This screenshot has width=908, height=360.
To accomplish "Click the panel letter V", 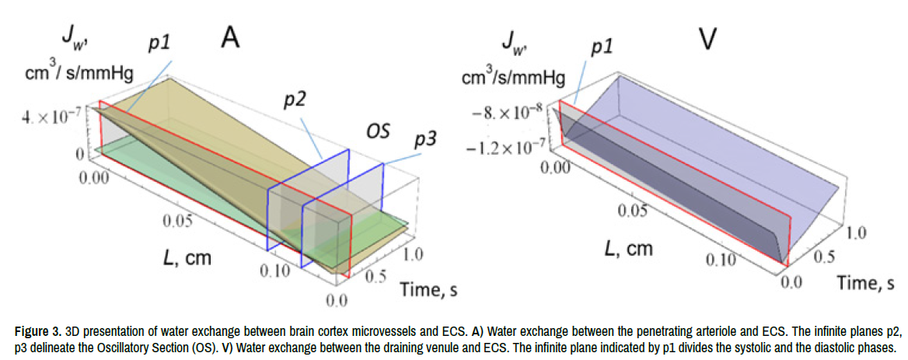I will pos(707,38).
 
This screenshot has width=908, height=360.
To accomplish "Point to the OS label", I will pos(379,129).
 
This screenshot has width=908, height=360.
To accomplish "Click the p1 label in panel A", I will pos(160,43).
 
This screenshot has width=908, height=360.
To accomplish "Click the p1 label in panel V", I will pos(602,47).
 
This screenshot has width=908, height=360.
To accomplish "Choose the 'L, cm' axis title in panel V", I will pos(630,249).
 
